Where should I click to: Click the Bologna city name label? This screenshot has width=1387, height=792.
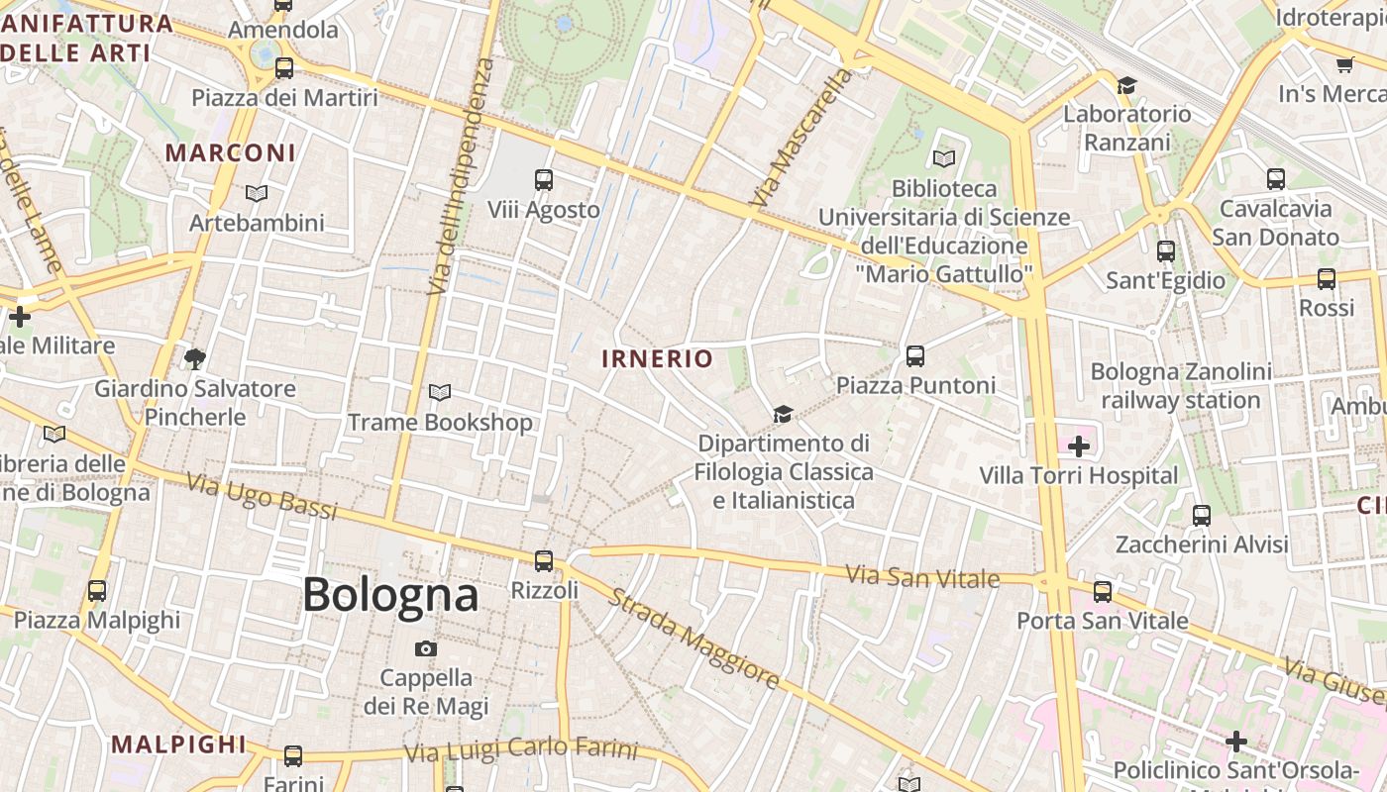[390, 595]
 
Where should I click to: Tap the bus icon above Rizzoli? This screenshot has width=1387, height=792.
[543, 561]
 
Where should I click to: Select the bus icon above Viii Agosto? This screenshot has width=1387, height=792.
[544, 180]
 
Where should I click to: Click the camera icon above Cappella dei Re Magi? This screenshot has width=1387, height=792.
[426, 648]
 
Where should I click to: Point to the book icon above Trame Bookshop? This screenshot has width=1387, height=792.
[440, 393]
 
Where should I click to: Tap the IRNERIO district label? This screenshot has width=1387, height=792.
[657, 358]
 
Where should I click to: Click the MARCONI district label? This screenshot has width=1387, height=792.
[231, 152]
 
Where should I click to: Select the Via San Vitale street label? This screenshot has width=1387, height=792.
[922, 575]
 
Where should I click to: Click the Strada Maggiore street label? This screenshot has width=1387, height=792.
[693, 639]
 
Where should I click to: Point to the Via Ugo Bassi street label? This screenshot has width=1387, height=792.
[262, 496]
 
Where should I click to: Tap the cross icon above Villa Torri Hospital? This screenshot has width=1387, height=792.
[1079, 446]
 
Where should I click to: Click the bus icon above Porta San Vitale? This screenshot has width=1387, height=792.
[1103, 592]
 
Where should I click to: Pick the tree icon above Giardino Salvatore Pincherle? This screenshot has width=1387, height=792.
[195, 358]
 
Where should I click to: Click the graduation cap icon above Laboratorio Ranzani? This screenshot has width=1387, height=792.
[1126, 85]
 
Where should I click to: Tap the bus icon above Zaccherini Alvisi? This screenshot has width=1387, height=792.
[1202, 516]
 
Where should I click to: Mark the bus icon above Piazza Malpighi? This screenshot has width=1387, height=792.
[97, 591]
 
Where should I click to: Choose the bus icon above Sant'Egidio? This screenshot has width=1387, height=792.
[1166, 251]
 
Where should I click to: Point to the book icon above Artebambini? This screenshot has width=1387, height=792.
[257, 193]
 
